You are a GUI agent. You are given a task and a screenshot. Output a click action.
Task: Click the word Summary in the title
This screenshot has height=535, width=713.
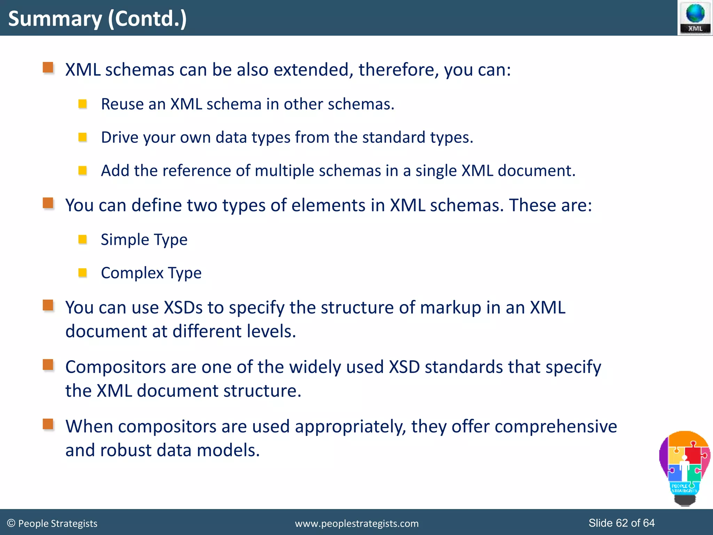tap(55, 19)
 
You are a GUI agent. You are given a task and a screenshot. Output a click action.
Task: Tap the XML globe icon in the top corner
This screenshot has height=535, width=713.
tap(695, 17)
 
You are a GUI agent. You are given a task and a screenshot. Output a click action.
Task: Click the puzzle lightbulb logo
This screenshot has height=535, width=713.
tap(684, 467)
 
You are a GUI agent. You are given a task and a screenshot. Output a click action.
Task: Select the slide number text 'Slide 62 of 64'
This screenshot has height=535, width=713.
tap(621, 523)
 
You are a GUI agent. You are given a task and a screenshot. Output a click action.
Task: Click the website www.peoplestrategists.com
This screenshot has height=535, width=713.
tap(356, 524)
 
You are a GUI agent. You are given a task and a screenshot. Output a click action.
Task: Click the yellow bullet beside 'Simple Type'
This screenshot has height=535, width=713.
tap(83, 239)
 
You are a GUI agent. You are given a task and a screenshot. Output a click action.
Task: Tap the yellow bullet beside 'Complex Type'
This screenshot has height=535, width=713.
tap(83, 272)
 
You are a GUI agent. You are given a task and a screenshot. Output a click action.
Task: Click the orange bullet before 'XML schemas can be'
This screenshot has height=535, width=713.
tap(48, 68)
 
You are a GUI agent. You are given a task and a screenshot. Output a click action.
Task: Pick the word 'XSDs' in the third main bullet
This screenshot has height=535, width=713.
tap(183, 308)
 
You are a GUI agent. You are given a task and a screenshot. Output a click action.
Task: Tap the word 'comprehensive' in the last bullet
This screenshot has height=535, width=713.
tap(556, 427)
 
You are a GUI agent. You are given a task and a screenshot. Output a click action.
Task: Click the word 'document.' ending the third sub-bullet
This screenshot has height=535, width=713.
tap(536, 171)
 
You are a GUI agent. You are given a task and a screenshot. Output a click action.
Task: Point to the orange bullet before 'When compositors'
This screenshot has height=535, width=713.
tap(48, 424)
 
